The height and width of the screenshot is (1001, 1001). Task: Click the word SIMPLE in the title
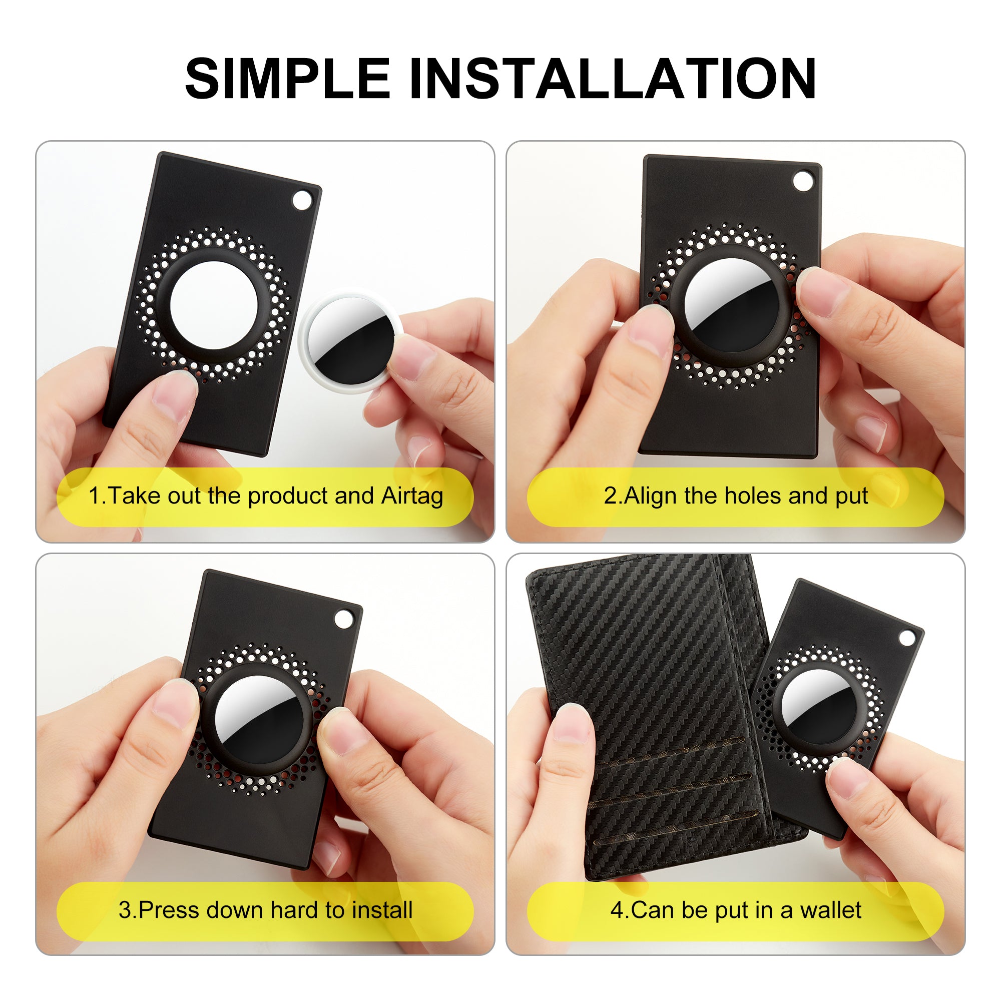(x=288, y=78)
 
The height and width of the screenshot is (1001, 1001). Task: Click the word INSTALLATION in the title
(x=613, y=78)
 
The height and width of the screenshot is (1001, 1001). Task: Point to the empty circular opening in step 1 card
(x=214, y=305)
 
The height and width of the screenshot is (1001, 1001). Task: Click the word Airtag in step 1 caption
(x=412, y=496)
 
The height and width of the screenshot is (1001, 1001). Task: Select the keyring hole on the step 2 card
(x=803, y=181)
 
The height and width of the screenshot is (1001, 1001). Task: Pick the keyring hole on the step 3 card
(x=342, y=619)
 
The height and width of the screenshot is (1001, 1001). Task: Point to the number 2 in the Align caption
(x=610, y=496)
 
